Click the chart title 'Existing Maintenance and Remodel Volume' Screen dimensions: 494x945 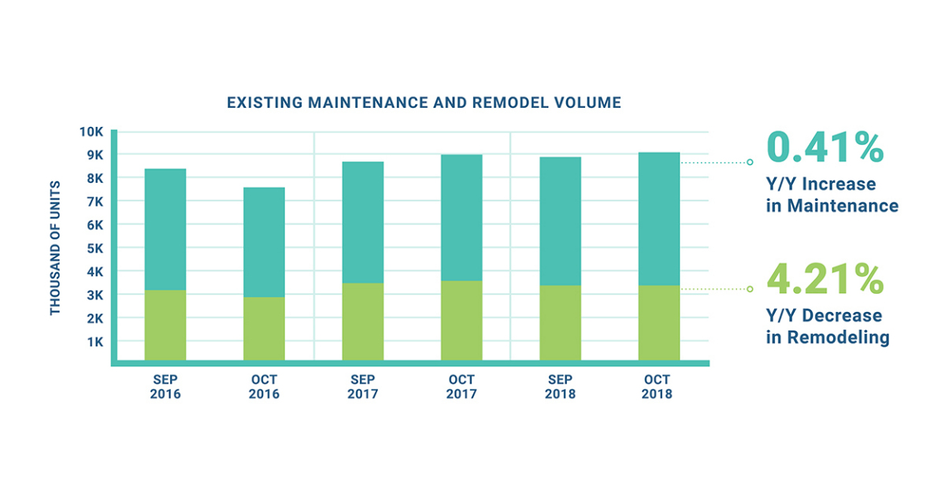coord(424,102)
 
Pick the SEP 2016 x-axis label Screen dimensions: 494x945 coord(165,386)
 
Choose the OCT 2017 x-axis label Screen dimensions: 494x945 coord(461,386)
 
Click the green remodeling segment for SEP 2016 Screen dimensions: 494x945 coord(165,325)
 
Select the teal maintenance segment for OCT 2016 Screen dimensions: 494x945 coord(264,242)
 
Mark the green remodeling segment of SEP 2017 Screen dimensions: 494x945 coord(363,321)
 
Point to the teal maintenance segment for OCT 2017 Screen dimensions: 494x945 coord(461,217)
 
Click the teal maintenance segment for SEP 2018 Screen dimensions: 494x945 coord(560,221)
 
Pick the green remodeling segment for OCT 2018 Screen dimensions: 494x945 coord(658,323)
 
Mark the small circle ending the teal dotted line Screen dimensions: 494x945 coord(750,162)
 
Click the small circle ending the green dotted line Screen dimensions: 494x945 coord(750,289)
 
